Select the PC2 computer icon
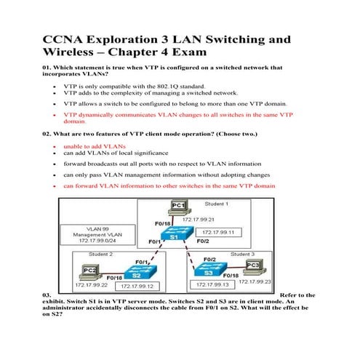90,270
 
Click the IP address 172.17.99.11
222,231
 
